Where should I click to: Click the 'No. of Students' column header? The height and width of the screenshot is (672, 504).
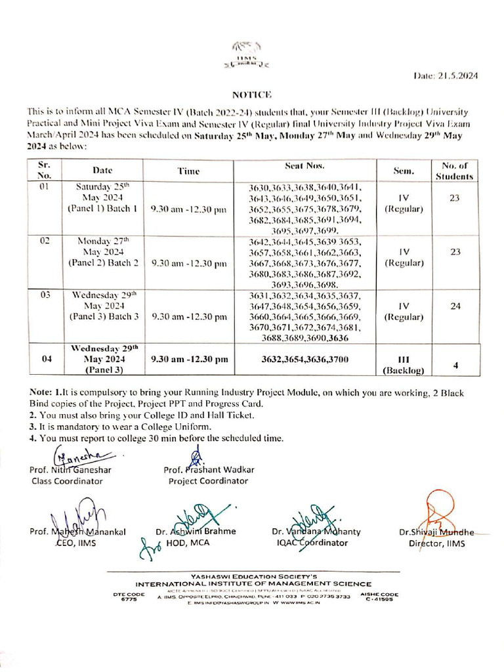[x=453, y=171]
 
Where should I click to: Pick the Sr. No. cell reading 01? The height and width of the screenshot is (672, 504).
[x=45, y=187]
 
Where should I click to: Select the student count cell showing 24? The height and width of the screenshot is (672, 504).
[x=454, y=305]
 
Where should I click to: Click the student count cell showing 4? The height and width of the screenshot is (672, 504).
[x=454, y=365]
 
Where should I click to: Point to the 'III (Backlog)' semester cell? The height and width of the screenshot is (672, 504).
[x=404, y=365]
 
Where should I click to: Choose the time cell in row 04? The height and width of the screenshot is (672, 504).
[x=189, y=360]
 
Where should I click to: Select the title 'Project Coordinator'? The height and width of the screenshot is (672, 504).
[x=208, y=481]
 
